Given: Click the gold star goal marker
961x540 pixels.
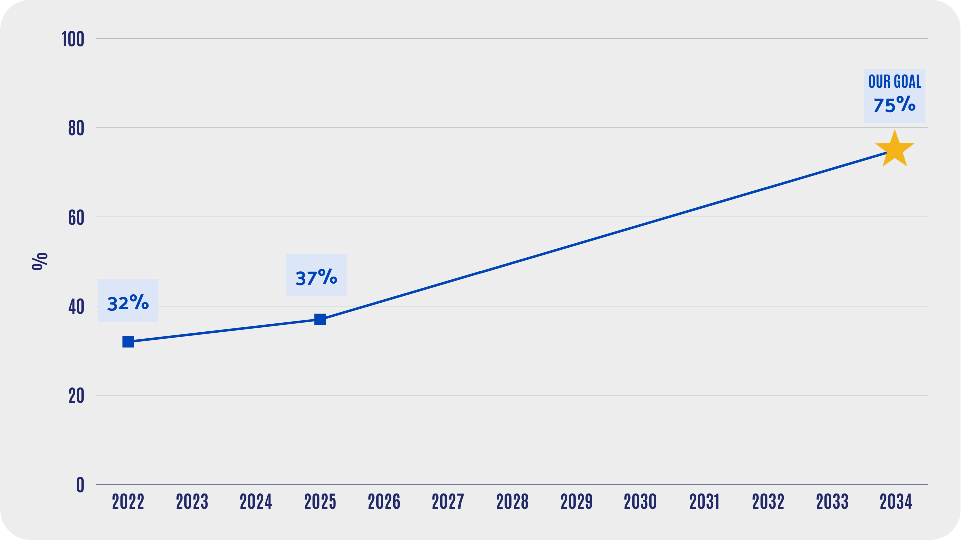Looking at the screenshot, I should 895,149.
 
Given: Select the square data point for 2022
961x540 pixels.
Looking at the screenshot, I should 128,342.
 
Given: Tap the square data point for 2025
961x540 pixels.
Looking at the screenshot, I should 320,319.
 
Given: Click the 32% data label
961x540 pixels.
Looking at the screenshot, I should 128,303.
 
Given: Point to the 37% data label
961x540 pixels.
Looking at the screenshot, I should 316,277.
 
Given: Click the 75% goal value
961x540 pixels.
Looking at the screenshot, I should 895,105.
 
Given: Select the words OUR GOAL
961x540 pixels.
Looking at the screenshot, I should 895,82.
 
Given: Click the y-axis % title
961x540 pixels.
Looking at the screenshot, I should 40,261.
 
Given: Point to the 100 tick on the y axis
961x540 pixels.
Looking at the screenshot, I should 73,39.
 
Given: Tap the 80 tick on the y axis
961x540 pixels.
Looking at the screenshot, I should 76,128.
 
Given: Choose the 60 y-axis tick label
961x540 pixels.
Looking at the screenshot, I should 76,218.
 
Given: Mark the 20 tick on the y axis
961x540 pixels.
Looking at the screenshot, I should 76,396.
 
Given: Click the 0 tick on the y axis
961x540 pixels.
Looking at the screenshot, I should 80,485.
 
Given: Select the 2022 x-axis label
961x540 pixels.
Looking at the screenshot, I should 128,502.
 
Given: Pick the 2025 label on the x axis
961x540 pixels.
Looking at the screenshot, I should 320,502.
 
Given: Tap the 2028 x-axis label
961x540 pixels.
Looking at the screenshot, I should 512,502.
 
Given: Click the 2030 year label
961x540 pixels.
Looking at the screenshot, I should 640,502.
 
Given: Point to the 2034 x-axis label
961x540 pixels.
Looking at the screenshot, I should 896,502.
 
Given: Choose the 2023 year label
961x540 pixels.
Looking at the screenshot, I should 192,502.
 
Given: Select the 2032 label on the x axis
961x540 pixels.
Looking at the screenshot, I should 768,502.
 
